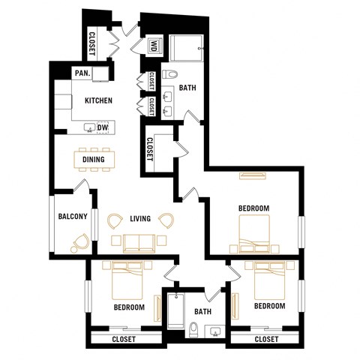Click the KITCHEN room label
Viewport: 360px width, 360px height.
click(98, 100)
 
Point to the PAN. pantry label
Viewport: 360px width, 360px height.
click(82, 73)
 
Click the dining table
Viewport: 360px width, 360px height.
click(94, 159)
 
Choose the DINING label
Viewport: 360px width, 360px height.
click(94, 159)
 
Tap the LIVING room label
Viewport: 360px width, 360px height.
click(140, 219)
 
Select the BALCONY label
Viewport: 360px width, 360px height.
click(73, 217)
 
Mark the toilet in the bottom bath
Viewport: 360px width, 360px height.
click(193, 328)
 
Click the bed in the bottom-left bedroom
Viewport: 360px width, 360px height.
click(126, 279)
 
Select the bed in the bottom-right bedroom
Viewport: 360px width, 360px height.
click(268, 279)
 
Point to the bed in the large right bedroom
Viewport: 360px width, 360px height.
click(254, 232)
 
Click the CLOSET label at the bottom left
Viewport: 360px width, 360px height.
click(124, 340)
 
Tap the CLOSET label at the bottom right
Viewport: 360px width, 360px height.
click(266, 340)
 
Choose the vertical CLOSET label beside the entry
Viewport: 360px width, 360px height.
click(91, 43)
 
